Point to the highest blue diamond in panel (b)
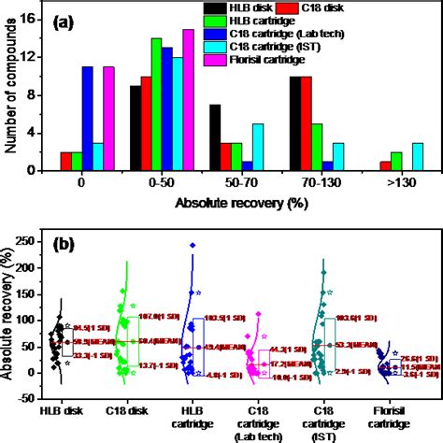(192, 246)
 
